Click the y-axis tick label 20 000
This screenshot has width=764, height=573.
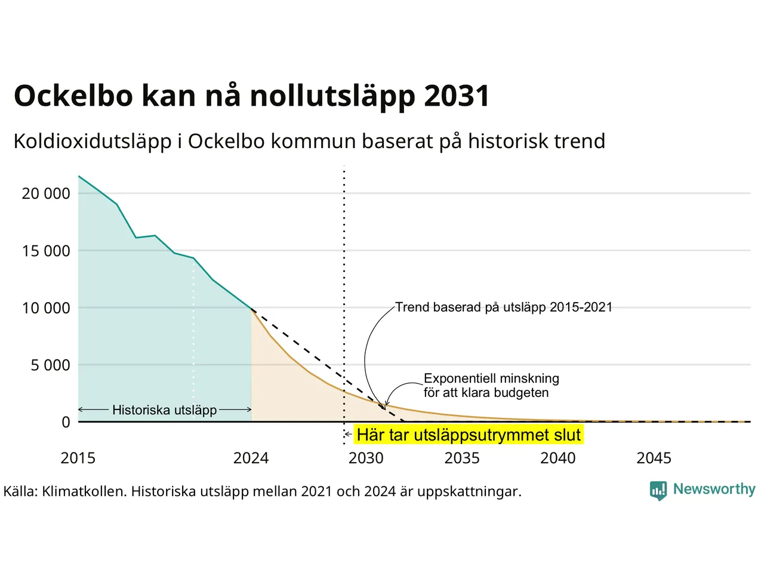pos(46,193)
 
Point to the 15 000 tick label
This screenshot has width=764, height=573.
pos(46,251)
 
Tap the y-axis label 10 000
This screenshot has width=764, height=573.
pos(46,308)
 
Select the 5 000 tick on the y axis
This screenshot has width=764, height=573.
pos(51,365)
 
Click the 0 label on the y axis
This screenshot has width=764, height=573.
pos(66,423)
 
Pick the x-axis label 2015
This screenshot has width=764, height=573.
pos(78,458)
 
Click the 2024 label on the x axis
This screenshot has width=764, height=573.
pos(251,458)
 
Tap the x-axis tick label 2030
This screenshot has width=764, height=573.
pos(366,458)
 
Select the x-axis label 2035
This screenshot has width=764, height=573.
pos(462,458)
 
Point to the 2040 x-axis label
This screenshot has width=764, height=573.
pos(558,458)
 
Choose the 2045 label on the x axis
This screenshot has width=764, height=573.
pos(654,458)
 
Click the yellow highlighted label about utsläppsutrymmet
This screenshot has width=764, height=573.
pos(469,435)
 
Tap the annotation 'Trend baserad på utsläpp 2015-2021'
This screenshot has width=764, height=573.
pos(504,307)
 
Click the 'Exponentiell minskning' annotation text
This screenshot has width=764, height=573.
pos(491,378)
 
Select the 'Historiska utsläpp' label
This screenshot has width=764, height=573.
pos(165,410)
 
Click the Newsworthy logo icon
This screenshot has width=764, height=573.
pos(658,491)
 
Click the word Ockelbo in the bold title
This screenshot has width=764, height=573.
pos(73,95)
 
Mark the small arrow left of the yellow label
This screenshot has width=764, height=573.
pos(348,434)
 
